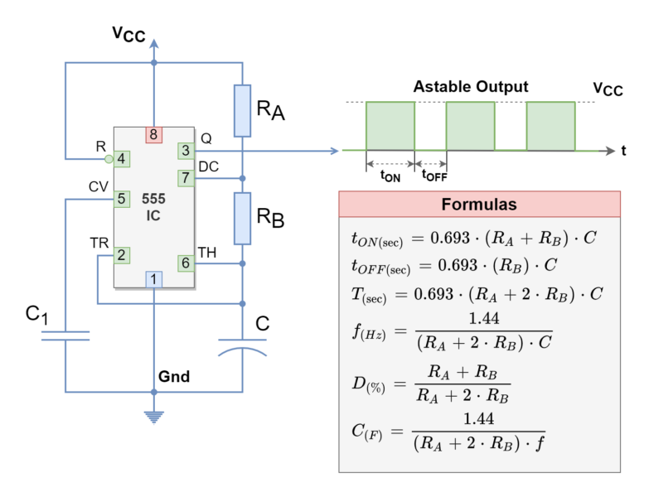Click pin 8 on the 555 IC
[x=153, y=134]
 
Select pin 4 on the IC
[x=121, y=158]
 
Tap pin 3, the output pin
[x=186, y=151]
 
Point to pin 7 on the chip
[x=186, y=178]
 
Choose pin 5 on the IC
[x=121, y=199]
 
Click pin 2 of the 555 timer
[x=121, y=255]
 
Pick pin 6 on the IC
[x=186, y=263]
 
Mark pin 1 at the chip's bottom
[x=153, y=279]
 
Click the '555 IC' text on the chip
[x=153, y=207]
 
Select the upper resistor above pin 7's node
[x=242, y=110]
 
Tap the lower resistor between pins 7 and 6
[x=242, y=219]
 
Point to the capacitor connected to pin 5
[x=65, y=335]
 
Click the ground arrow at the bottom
[x=153, y=416]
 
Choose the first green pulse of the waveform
[x=390, y=125]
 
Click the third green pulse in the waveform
[x=550, y=125]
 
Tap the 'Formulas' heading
[x=479, y=205]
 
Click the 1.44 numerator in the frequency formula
[x=484, y=319]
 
